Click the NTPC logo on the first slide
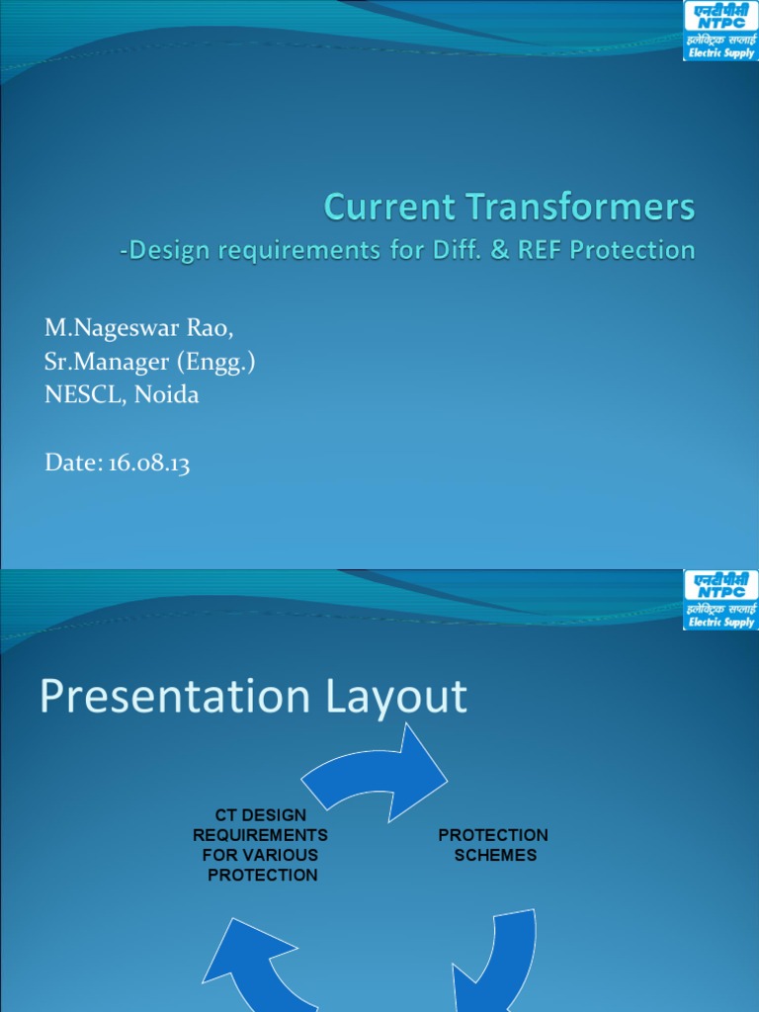[x=719, y=31]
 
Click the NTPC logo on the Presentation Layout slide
[x=719, y=600]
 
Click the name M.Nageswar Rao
[x=139, y=327]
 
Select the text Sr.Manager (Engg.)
[x=150, y=361]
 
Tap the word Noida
[x=166, y=394]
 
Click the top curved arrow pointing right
[x=376, y=766]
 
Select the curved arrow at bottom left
[x=252, y=969]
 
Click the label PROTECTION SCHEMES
[x=493, y=845]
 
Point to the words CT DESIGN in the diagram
[x=261, y=815]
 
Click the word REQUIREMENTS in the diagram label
[x=261, y=835]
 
